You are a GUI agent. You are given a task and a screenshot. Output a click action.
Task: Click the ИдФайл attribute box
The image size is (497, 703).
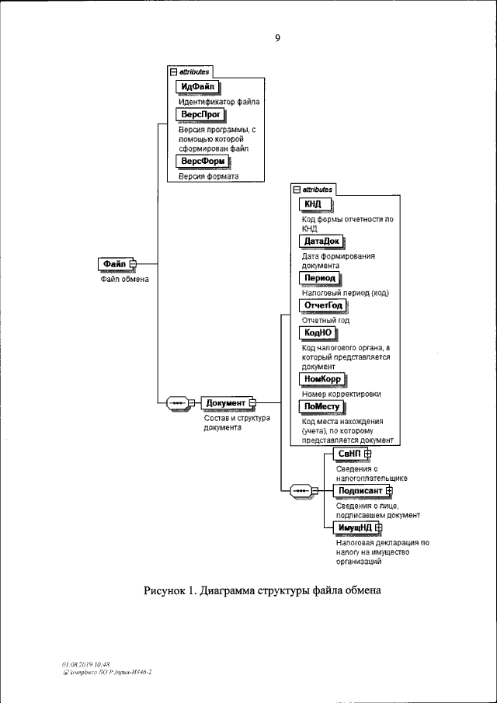coord(198,86)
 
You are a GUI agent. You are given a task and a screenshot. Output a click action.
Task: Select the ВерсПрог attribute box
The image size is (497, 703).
coord(200,115)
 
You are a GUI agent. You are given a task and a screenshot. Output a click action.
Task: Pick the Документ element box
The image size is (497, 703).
coord(226,402)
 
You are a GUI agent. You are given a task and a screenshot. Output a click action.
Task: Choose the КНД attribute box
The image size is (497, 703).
coord(314,204)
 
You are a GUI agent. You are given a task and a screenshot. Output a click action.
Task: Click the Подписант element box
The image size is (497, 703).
coord(358,490)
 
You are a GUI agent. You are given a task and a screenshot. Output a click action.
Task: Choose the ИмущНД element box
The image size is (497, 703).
coord(353,528)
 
